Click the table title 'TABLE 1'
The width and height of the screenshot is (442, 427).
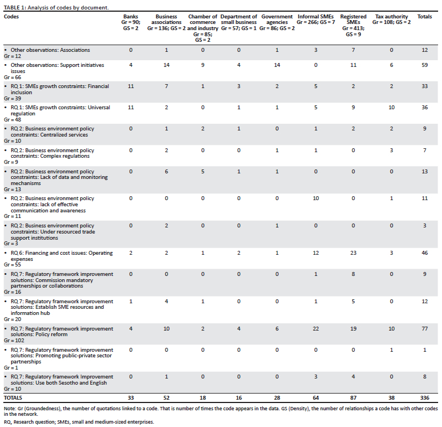pyautogui.click(x=15, y=8)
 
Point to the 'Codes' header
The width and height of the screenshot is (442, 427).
pyautogui.click(x=11, y=17)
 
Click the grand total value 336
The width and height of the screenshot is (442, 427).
pyautogui.click(x=425, y=397)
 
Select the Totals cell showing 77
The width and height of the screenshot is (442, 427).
pyautogui.click(x=425, y=328)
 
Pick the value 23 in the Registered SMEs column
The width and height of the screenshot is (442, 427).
pyautogui.click(x=353, y=253)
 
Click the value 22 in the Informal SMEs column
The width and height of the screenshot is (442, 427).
pyautogui.click(x=316, y=328)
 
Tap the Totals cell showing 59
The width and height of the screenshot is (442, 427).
pyautogui.click(x=425, y=65)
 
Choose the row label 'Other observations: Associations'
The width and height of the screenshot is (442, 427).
pyautogui.click(x=50, y=50)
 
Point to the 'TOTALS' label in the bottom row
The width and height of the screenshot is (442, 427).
pyautogui.click(x=13, y=397)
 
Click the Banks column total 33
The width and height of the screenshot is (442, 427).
pyautogui.click(x=131, y=397)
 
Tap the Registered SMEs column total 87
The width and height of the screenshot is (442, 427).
pyautogui.click(x=353, y=397)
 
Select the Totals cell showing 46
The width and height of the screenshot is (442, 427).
pyautogui.click(x=425, y=253)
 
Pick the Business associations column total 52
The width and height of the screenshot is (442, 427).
pyautogui.click(x=166, y=397)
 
